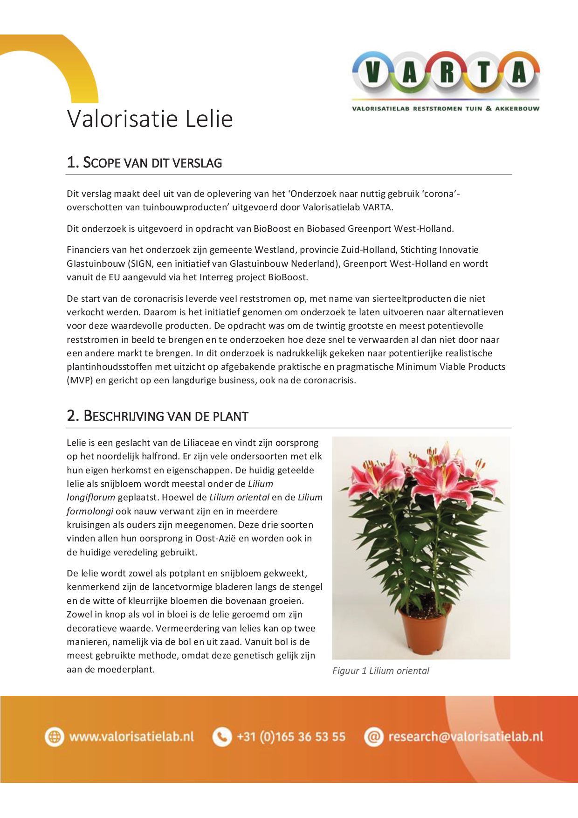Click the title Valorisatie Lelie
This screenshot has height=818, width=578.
pyautogui.click(x=150, y=119)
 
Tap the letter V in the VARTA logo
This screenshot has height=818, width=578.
pyautogui.click(x=373, y=73)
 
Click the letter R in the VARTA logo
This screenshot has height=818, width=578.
pyautogui.click(x=447, y=73)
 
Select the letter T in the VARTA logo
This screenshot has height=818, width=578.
pyautogui.click(x=483, y=73)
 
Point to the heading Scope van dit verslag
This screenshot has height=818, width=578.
pyautogui.click(x=144, y=163)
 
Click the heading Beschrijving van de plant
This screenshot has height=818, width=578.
pyautogui.click(x=158, y=416)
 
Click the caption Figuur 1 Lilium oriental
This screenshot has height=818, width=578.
pyautogui.click(x=380, y=671)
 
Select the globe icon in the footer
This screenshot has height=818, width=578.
pyautogui.click(x=55, y=737)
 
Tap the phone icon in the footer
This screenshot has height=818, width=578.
pyautogui.click(x=222, y=737)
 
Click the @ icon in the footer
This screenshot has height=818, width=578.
pyautogui.click(x=373, y=737)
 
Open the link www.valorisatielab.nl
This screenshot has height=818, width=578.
pyautogui.click(x=131, y=737)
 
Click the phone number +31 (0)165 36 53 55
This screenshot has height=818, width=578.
pyautogui.click(x=291, y=737)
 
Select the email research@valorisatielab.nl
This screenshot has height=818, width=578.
pyautogui.click(x=466, y=737)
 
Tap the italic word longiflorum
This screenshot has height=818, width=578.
pyautogui.click(x=91, y=498)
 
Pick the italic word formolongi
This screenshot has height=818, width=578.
pyautogui.click(x=90, y=511)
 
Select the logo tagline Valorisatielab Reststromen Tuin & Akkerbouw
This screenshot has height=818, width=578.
pyautogui.click(x=446, y=109)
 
